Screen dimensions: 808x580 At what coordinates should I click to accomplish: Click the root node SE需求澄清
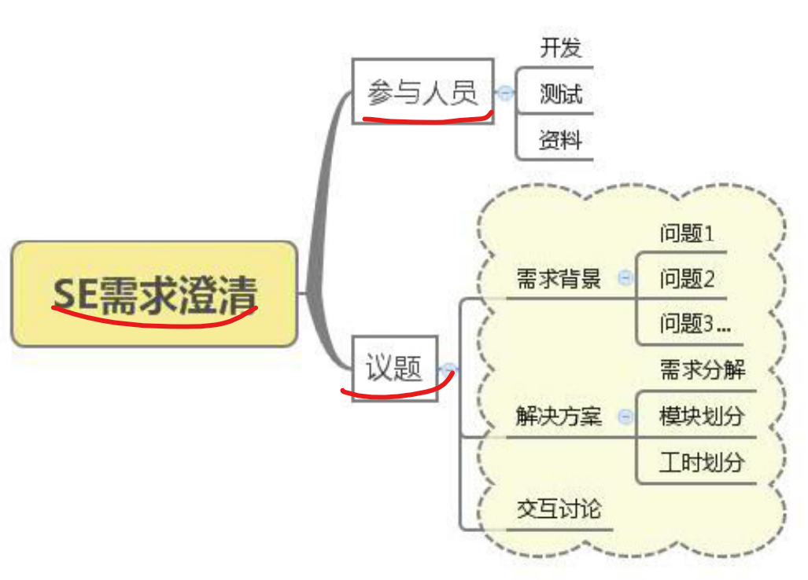pos(154,293)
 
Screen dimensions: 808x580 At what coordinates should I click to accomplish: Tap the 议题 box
pos(394,367)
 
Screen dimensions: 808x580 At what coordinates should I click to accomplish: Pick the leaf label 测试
pos(560,94)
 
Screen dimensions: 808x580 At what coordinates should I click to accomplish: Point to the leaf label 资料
pos(560,140)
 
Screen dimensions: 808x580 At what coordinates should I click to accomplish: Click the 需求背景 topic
pos(559,278)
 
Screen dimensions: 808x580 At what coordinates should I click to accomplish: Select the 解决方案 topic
pos(559,416)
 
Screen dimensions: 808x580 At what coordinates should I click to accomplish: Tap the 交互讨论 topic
pos(559,508)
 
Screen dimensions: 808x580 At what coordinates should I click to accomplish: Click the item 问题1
pos(686,233)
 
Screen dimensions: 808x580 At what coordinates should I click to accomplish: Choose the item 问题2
pos(686,278)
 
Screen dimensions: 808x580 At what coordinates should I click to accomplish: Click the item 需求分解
pos(702,369)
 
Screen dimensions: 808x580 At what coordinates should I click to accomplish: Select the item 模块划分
pos(700,416)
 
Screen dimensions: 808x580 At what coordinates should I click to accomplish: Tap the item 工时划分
pos(700,461)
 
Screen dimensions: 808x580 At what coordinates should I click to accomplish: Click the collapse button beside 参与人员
pos(504,94)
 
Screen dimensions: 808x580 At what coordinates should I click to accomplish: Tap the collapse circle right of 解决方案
pos(625,416)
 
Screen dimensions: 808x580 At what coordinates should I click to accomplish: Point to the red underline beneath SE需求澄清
pos(154,318)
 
